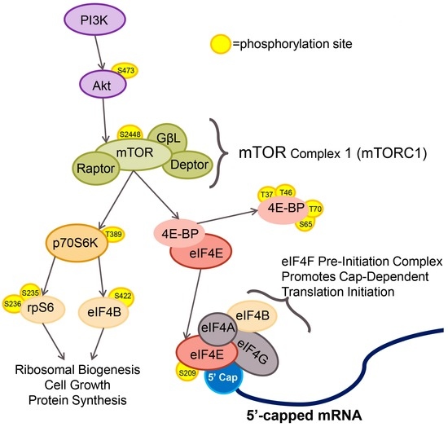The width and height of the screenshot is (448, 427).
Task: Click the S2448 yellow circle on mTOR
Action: click(130, 134)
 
